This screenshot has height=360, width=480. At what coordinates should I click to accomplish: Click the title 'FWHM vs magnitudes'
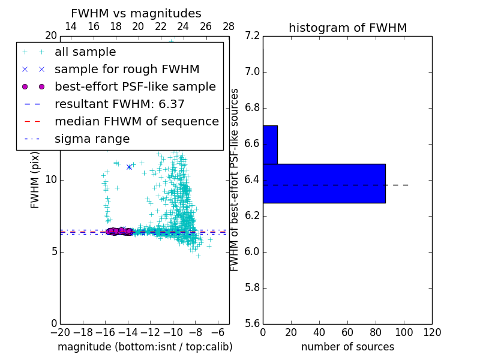pyautogui.click(x=136, y=13)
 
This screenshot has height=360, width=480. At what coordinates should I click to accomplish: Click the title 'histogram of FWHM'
pyautogui.click(x=347, y=28)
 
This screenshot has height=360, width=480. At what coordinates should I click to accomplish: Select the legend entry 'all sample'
pyautogui.click(x=85, y=52)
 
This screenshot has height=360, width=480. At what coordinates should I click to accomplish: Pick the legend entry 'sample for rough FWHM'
pyautogui.click(x=127, y=70)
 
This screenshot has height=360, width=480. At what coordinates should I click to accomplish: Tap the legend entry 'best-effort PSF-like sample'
pyautogui.click(x=135, y=87)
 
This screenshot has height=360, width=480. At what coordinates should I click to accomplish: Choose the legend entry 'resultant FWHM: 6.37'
pyautogui.click(x=119, y=104)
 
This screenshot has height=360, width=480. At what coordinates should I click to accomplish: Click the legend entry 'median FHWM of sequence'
pyautogui.click(x=136, y=122)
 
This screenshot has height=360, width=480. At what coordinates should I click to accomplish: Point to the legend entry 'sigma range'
pyautogui.click(x=92, y=139)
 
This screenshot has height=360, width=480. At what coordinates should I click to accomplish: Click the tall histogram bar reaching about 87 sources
pyautogui.click(x=324, y=183)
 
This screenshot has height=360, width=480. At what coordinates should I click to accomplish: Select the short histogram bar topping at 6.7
pyautogui.click(x=270, y=145)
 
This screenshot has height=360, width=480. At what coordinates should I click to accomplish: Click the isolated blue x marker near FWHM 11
pyautogui.click(x=129, y=167)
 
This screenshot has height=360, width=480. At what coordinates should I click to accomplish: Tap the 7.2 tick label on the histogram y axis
pyautogui.click(x=252, y=36)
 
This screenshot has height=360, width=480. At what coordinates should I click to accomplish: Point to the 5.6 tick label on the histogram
pyautogui.click(x=252, y=323)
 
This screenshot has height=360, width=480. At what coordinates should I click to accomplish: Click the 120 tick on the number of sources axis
pyautogui.click(x=432, y=333)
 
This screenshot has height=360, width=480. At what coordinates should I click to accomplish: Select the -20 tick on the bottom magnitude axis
pyautogui.click(x=60, y=333)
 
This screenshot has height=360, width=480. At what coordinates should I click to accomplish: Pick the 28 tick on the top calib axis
pyautogui.click(x=229, y=26)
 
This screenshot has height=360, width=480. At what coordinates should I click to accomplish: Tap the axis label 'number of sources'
pyautogui.click(x=347, y=347)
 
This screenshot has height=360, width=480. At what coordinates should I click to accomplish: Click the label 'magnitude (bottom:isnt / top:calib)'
pyautogui.click(x=145, y=347)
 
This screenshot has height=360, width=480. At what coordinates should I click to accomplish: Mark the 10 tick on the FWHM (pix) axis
pyautogui.click(x=50, y=180)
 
